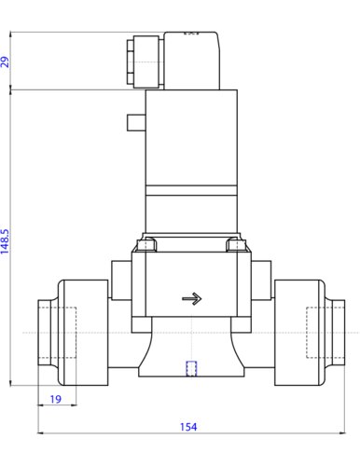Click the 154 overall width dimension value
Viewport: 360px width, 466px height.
188,427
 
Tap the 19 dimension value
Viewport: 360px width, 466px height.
56,399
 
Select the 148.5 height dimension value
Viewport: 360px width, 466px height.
5,241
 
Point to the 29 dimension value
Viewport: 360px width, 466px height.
5,62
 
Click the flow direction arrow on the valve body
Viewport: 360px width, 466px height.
192,299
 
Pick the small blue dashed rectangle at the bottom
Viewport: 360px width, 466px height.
191,368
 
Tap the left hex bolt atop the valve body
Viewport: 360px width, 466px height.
147,244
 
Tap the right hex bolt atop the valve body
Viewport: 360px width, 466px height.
236,244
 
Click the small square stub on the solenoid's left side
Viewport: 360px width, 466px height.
136,123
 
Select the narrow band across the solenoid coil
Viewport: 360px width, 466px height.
191,190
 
